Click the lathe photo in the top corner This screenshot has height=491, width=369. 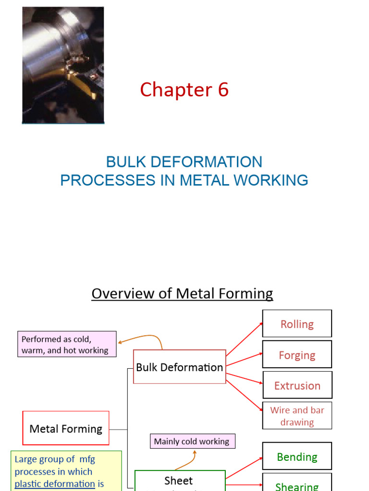[x=63, y=65]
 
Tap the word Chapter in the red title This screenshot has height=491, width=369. [x=176, y=90]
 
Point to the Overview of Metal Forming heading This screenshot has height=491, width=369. [x=182, y=293]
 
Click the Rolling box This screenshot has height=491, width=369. [x=297, y=324]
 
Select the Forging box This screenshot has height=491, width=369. [x=297, y=355]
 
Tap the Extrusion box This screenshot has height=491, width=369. [x=297, y=386]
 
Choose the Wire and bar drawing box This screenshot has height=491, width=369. [x=297, y=416]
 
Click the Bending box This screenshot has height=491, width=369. [x=297, y=457]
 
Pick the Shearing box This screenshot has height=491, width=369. [x=297, y=484]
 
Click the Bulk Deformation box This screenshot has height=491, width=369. [x=179, y=367]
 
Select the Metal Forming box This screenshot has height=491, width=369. [x=66, y=428]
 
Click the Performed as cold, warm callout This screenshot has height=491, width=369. [x=67, y=344]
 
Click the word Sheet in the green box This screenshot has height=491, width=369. [x=178, y=480]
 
